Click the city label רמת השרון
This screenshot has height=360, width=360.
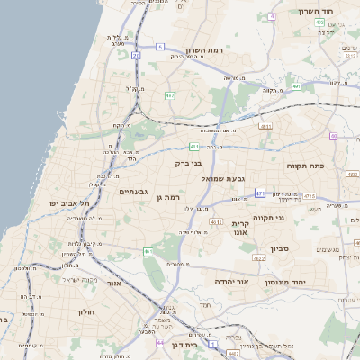tap(202, 50)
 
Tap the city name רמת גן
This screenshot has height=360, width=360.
tap(168, 197)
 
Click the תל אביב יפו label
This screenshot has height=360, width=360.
tap(67, 204)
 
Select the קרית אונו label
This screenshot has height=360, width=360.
tap(240, 227)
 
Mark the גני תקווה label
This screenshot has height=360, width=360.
tap(268, 217)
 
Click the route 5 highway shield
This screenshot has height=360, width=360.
tap(160, 46)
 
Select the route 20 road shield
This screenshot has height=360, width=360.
tap(136, 56)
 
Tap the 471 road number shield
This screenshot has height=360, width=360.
tap(259, 193)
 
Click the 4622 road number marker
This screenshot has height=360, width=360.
tap(259, 258)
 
